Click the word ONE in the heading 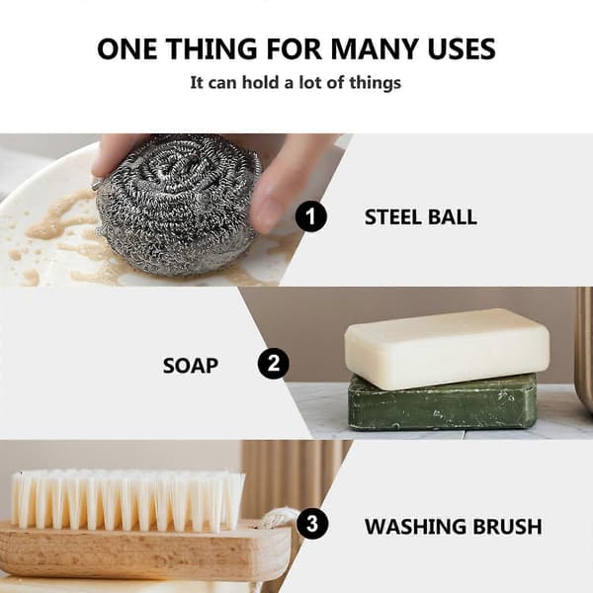click(127, 48)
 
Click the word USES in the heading click(462, 48)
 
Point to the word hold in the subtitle click(261, 82)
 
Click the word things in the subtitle click(376, 83)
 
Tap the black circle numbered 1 click(310, 216)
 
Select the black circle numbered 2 click(273, 363)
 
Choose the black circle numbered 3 click(312, 524)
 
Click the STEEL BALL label click(421, 217)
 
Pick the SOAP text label click(190, 366)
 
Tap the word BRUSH click(508, 527)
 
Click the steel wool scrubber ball click(178, 205)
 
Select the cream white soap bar click(448, 348)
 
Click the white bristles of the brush click(127, 498)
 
